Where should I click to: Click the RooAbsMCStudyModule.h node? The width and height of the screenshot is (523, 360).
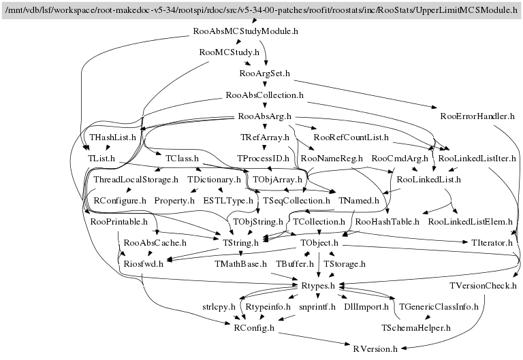pyautogui.click(x=246, y=31)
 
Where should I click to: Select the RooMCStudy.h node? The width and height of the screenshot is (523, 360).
pyautogui.click(x=229, y=52)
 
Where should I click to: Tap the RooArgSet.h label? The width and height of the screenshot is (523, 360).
pyautogui.click(x=266, y=73)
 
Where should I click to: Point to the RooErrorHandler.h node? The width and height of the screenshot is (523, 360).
pyautogui.click(x=477, y=115)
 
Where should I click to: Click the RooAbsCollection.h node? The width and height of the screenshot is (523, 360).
pyautogui.click(x=264, y=95)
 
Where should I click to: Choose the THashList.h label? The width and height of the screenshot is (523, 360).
pyautogui.click(x=114, y=137)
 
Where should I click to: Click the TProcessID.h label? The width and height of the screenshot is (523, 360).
pyautogui.click(x=264, y=158)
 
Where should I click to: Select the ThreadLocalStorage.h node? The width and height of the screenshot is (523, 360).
pyautogui.click(x=135, y=180)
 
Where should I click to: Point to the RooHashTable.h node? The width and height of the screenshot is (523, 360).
pyautogui.click(x=387, y=221)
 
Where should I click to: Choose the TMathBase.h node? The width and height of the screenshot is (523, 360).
pyautogui.click(x=240, y=263)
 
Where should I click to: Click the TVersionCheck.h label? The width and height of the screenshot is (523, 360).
pyautogui.click(x=485, y=285)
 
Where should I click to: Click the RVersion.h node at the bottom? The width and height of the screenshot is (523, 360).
pyautogui.click(x=375, y=348)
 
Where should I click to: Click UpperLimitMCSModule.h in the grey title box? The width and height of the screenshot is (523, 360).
pyautogui.click(x=456, y=10)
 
